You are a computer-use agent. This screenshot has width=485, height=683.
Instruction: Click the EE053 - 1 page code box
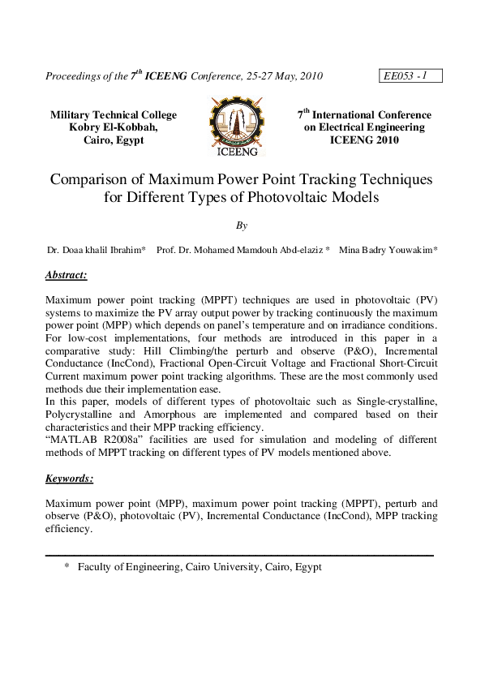tap(410, 76)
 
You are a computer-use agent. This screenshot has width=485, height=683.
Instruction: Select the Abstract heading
tap(67, 275)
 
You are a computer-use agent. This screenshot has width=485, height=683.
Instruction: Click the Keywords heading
tap(70, 479)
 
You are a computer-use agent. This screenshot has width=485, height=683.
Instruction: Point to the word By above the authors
tap(242, 226)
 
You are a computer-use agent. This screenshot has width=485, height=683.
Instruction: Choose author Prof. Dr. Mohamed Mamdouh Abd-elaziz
tap(242, 251)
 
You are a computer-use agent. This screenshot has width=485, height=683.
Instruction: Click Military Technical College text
tap(114, 115)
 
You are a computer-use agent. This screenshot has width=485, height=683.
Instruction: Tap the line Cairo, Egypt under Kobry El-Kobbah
tap(114, 140)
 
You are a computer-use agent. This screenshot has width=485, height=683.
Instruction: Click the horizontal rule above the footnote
tap(239, 555)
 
